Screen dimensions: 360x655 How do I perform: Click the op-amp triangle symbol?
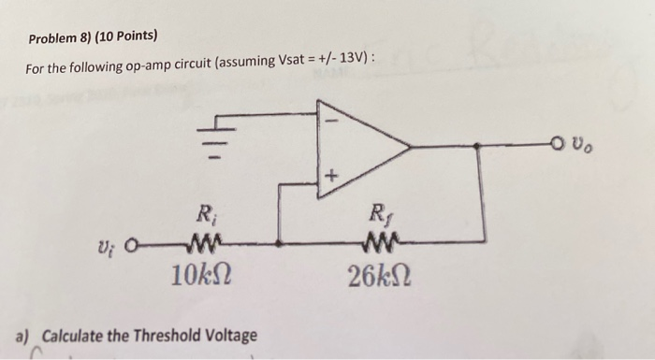[x=360, y=147]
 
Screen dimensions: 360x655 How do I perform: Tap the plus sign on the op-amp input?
[x=330, y=176]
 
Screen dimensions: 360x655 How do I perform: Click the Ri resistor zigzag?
[x=204, y=247]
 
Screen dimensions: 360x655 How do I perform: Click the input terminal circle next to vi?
[x=130, y=248]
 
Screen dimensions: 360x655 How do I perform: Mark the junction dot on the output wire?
[x=479, y=147]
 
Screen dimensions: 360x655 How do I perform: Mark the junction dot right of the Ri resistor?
[x=279, y=247]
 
